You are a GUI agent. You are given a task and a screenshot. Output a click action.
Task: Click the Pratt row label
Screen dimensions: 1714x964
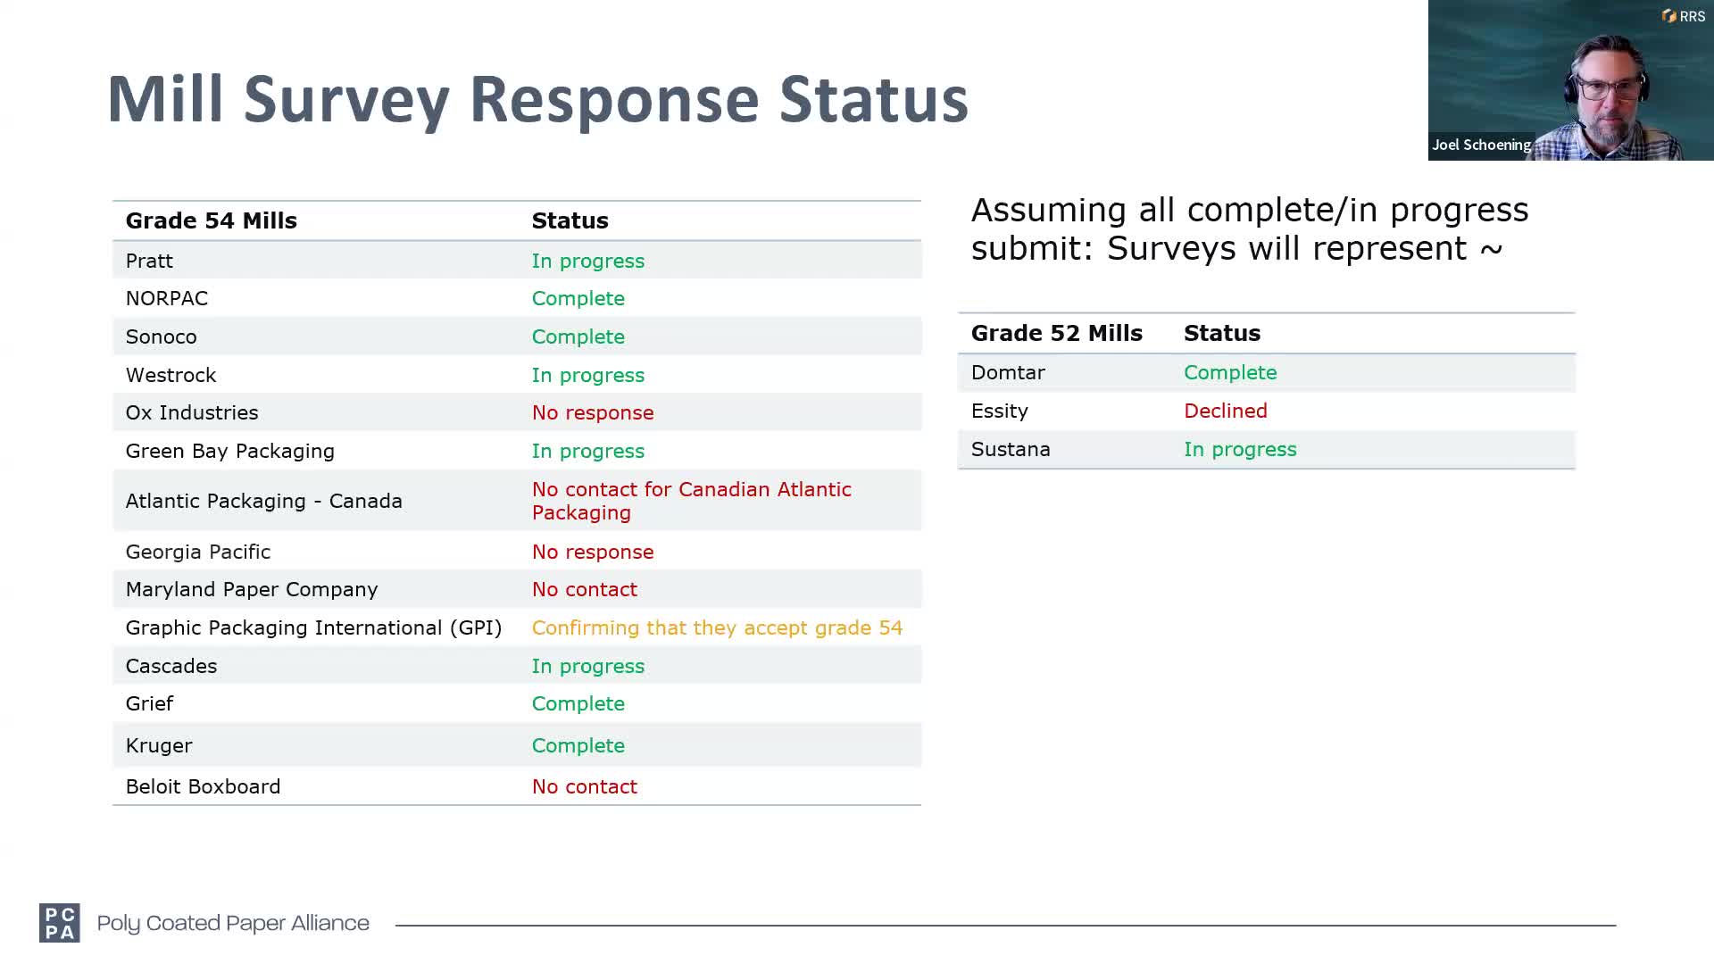pyautogui.click(x=149, y=261)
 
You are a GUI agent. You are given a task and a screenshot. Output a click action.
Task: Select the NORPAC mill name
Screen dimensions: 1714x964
pyautogui.click(x=167, y=298)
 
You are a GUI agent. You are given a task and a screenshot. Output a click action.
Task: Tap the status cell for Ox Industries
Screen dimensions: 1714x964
pyautogui.click(x=593, y=412)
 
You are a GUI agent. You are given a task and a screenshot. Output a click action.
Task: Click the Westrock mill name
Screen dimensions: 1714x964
pyautogui.click(x=171, y=375)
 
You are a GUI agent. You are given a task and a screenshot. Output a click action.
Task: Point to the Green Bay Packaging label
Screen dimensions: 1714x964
pyautogui.click(x=230, y=452)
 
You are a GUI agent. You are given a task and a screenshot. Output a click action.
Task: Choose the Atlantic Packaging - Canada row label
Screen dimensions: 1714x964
pyautogui.click(x=264, y=501)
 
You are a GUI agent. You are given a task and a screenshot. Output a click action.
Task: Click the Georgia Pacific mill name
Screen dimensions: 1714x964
pyautogui.click(x=198, y=552)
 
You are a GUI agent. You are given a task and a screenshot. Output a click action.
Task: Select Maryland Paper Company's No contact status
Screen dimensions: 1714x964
pyautogui.click(x=585, y=589)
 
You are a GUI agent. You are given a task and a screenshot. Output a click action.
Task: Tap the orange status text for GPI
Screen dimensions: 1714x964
pyautogui.click(x=717, y=627)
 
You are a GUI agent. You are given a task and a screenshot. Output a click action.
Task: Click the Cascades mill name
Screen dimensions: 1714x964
pyautogui.click(x=171, y=666)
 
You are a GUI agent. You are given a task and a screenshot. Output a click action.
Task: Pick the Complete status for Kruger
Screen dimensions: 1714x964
pyautogui.click(x=578, y=745)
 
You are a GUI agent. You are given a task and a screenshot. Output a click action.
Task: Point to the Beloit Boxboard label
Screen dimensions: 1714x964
pyautogui.click(x=203, y=786)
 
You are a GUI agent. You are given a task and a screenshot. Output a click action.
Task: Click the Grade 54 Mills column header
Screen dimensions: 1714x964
pyautogui.click(x=212, y=220)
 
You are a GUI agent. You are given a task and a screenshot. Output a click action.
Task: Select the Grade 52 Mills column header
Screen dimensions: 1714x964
pyautogui.click(x=1057, y=333)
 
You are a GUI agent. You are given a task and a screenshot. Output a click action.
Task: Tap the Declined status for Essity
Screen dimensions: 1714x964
pyautogui.click(x=1226, y=411)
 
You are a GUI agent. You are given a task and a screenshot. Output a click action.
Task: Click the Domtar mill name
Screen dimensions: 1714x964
pyautogui.click(x=1008, y=372)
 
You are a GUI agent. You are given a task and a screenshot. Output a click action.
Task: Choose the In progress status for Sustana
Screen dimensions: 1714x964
pyautogui.click(x=1240, y=449)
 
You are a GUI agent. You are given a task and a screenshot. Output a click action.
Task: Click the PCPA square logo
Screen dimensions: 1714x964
pyautogui.click(x=60, y=923)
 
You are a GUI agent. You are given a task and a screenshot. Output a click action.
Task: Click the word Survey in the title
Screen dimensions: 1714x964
pyautogui.click(x=346, y=100)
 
